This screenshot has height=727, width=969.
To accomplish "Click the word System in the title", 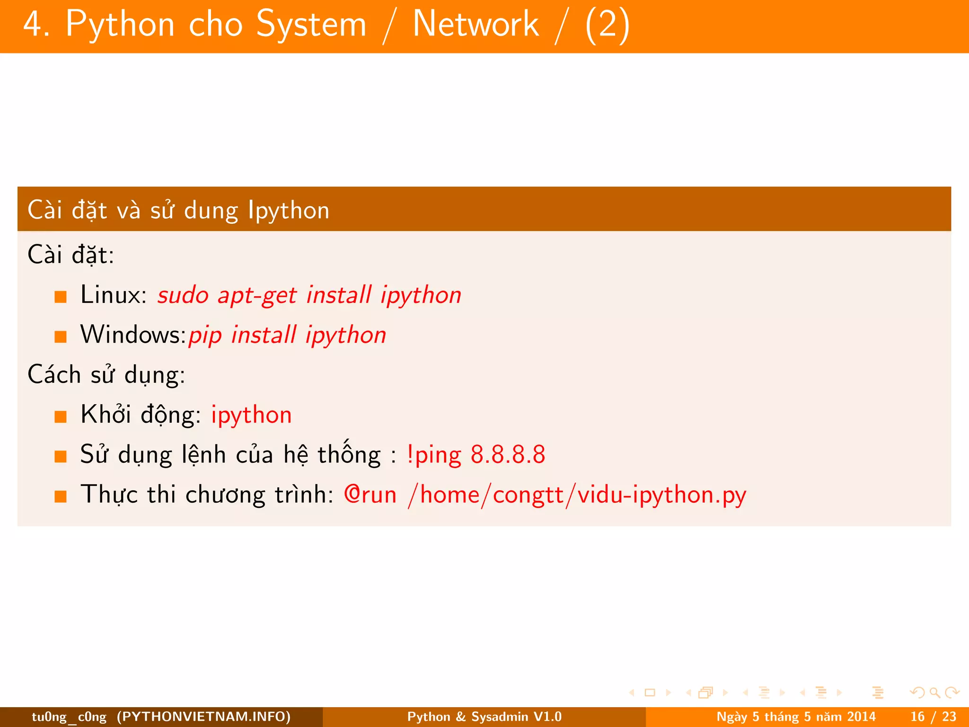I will click(x=311, y=25).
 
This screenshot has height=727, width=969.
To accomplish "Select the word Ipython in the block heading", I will click(x=289, y=211).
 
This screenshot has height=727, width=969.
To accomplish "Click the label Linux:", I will click(x=114, y=295).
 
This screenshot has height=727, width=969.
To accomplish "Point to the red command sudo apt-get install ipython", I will click(x=309, y=296).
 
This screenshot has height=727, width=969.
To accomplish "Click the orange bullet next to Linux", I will click(x=61, y=297).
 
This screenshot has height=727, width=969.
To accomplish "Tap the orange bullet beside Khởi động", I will click(x=61, y=417).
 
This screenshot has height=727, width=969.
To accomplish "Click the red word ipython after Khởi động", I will click(x=251, y=416).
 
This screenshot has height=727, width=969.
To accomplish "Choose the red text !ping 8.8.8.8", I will click(x=476, y=455).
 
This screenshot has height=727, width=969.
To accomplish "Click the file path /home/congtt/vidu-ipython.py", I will click(x=577, y=495).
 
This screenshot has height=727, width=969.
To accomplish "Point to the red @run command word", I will click(x=370, y=495).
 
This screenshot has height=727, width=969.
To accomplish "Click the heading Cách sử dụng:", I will click(x=106, y=375).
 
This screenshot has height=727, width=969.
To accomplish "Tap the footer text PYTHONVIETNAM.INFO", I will click(x=203, y=717).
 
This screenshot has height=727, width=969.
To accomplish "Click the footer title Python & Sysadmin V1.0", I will click(x=484, y=717).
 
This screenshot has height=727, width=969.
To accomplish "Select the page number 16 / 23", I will click(x=933, y=717).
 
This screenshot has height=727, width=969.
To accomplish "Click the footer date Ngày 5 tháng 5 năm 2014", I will click(x=796, y=717).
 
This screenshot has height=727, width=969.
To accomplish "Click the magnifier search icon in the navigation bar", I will click(x=934, y=693).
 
